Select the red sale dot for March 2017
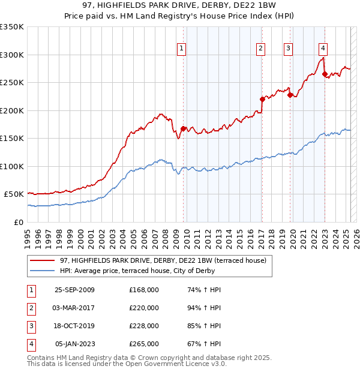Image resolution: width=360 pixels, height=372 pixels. click(262, 99)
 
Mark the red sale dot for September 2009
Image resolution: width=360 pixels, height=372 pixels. click(183, 128)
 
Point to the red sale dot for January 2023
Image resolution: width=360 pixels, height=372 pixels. click(325, 74)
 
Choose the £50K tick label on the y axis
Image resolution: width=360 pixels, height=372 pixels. click(14, 194)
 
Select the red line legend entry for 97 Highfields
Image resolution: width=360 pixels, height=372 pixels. click(158, 260)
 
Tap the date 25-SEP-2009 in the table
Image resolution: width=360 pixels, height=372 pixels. click(74, 290)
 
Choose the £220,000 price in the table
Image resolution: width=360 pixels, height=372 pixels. click(144, 308)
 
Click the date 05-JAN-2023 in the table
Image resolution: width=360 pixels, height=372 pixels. click(75, 344)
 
